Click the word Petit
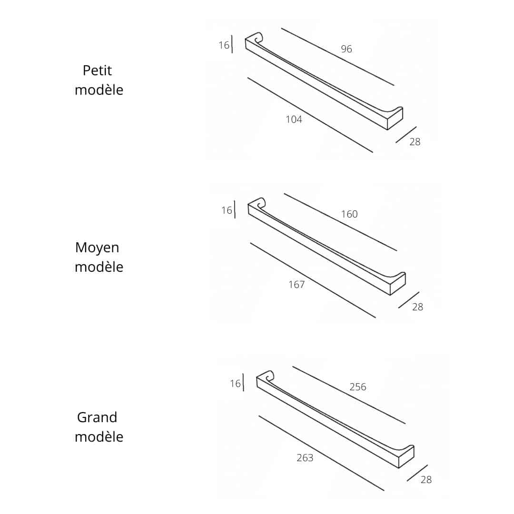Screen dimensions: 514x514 pos(97,70)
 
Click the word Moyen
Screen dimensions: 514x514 pos(97,248)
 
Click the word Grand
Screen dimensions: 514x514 pos(97,417)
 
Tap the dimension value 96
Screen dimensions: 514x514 pos(346,49)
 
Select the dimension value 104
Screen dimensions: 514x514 pos(294,119)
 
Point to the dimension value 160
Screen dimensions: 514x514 pos(349,214)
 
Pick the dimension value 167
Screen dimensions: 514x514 pos(297,285)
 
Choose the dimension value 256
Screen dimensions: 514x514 pos(358,387)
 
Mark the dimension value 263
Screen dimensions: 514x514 pos(305,458)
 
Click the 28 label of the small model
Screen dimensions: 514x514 pos(415,142)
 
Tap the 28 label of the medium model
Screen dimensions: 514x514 pos(418,307)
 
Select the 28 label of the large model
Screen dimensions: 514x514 pos(426,480)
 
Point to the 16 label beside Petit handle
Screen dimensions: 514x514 pos(224,45)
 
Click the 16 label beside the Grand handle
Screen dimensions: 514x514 pos(236,383)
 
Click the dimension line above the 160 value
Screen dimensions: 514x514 pos(340,222)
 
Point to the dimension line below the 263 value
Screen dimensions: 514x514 pos(321,453)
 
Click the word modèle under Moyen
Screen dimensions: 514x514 pos(99,267)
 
